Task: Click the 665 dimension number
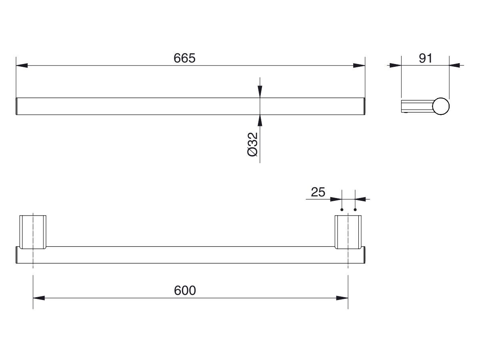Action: point(184,58)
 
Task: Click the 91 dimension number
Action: point(426,58)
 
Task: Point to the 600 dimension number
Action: point(185,291)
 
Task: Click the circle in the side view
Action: point(441,106)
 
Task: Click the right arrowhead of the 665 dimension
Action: point(359,65)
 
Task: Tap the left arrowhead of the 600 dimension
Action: point(38,298)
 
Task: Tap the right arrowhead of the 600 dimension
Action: point(342,298)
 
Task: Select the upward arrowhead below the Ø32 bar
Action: point(260,120)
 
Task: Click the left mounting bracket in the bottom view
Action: point(33,232)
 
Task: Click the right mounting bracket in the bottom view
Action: point(348,232)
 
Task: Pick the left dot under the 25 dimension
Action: point(342,209)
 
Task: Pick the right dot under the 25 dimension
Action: point(355,209)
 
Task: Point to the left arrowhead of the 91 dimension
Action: point(396,65)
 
